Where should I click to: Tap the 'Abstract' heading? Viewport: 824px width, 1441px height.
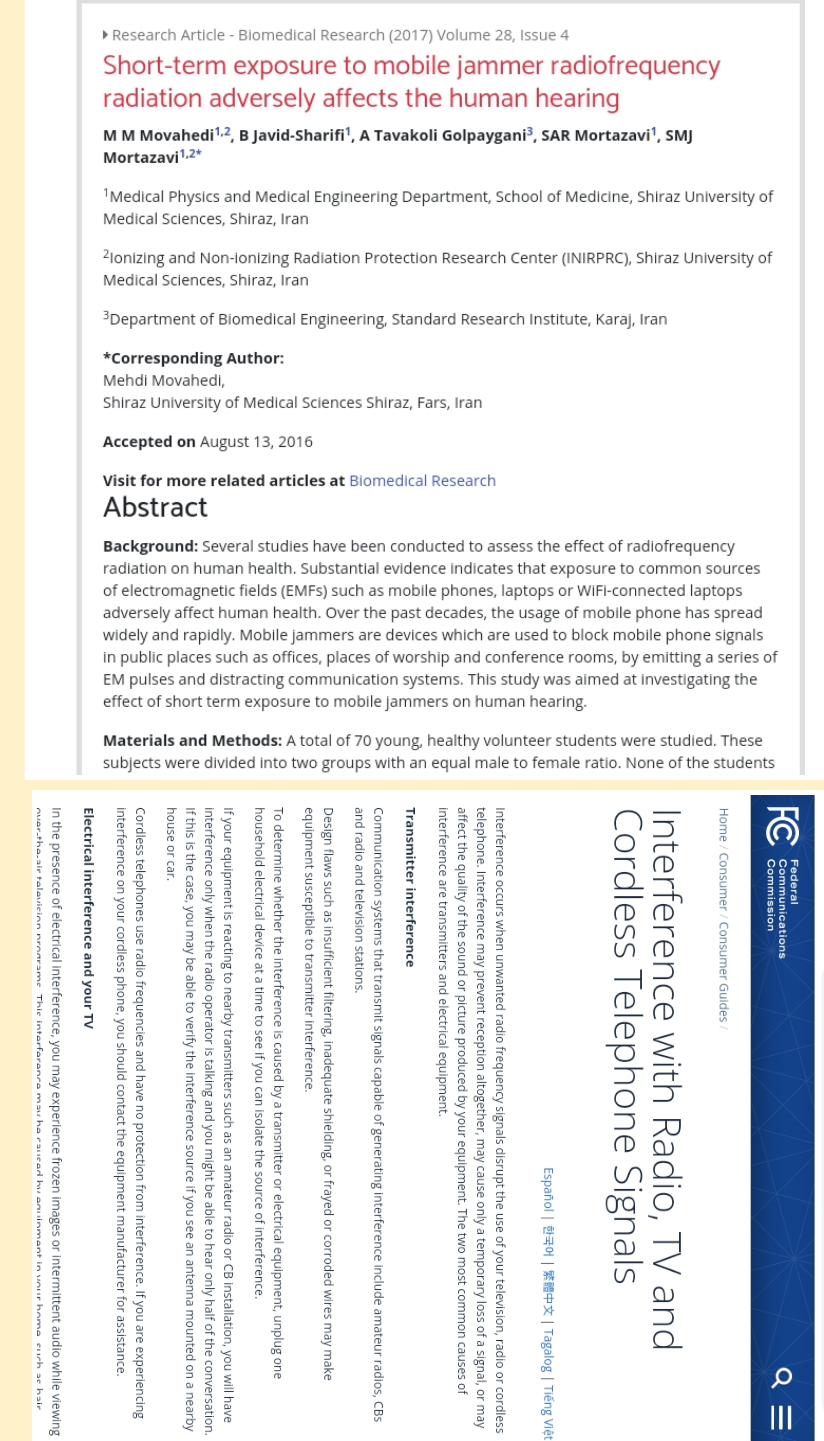coord(155,507)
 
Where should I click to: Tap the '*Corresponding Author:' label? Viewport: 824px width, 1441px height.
coord(193,358)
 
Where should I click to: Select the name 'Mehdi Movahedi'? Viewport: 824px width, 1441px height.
coord(163,380)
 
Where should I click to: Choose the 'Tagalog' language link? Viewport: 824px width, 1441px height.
coord(548,1350)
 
